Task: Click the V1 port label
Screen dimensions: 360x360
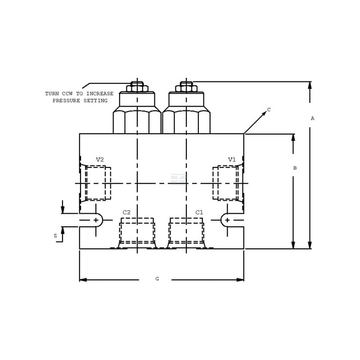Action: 232,160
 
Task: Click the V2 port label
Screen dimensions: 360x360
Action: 100,160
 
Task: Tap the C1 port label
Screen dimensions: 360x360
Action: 199,212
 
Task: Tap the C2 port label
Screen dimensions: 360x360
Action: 126,212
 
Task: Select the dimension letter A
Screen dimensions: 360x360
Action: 312,118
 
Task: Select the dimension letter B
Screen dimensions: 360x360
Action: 295,168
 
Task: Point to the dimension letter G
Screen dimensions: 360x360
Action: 157,279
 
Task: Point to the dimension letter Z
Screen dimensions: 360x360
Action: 55,236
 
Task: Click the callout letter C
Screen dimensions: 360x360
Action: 269,110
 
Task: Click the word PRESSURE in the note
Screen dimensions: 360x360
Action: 66,100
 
